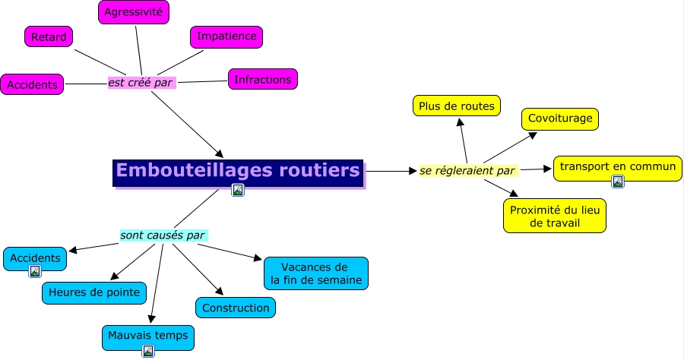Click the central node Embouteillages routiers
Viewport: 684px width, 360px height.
pyautogui.click(x=238, y=170)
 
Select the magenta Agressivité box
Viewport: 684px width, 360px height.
pyautogui.click(x=134, y=12)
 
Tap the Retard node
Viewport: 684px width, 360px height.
pyautogui.click(x=49, y=36)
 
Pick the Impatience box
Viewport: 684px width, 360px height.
pyautogui.click(x=226, y=36)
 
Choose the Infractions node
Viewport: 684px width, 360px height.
pyautogui.click(x=262, y=79)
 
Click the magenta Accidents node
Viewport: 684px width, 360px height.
pyautogui.click(x=32, y=84)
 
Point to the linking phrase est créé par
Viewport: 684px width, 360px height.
pyautogui.click(x=141, y=82)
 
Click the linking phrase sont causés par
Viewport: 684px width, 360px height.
pyautogui.click(x=163, y=235)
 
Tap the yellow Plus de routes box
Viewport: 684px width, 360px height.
pyautogui.click(x=457, y=106)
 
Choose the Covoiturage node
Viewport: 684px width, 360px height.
pyautogui.click(x=561, y=119)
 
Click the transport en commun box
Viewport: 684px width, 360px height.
pyautogui.click(x=617, y=166)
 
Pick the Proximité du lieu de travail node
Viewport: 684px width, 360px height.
pyautogui.click(x=555, y=216)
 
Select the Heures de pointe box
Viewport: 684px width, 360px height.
pyautogui.click(x=94, y=292)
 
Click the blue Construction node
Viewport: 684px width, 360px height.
pyautogui.click(x=236, y=308)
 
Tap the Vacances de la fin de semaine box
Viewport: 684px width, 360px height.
pyautogui.click(x=315, y=274)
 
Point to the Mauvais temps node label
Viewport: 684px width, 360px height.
pyautogui.click(x=147, y=334)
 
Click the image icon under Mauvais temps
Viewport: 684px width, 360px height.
pyautogui.click(x=148, y=351)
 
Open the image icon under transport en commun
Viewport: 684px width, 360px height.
pyautogui.click(x=618, y=182)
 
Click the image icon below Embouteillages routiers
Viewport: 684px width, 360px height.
pyautogui.click(x=238, y=191)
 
